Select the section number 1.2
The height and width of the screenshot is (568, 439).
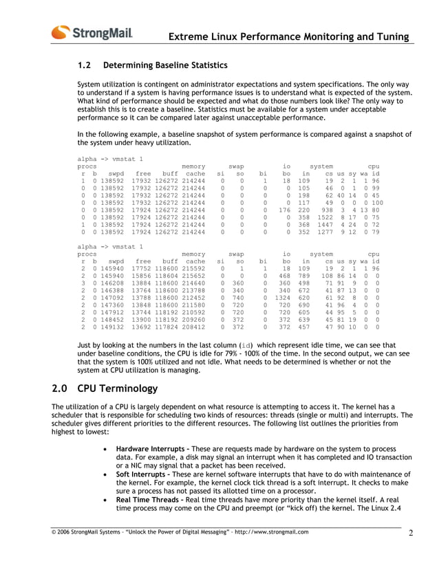85,66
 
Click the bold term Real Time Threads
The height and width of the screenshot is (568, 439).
151,503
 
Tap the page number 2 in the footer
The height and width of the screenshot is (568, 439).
410,534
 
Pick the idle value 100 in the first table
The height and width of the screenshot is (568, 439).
376,203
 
